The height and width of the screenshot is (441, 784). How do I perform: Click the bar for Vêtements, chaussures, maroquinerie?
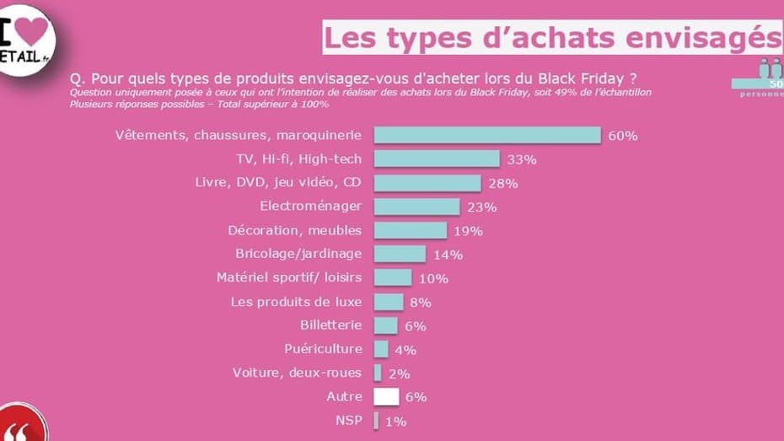pos(486,135)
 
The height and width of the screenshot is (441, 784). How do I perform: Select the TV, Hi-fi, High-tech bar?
pos(436,159)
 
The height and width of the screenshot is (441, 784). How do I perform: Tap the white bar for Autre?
pos(386,396)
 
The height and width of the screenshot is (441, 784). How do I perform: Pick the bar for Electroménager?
pos(416,207)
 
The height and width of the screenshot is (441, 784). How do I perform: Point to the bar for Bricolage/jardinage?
pos(400,254)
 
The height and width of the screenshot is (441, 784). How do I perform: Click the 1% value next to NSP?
pos(396,421)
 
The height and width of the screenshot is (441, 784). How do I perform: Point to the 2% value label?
pos(400,374)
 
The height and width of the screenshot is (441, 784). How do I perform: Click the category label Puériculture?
pos(323,349)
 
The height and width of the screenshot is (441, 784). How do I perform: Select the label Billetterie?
pos(330,325)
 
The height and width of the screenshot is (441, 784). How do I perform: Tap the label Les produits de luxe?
pos(296,302)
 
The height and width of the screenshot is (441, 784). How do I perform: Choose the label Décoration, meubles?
pos(294,230)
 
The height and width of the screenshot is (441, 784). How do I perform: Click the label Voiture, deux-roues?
pos(297,373)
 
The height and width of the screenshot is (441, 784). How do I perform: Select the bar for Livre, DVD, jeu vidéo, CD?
pos(427,182)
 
